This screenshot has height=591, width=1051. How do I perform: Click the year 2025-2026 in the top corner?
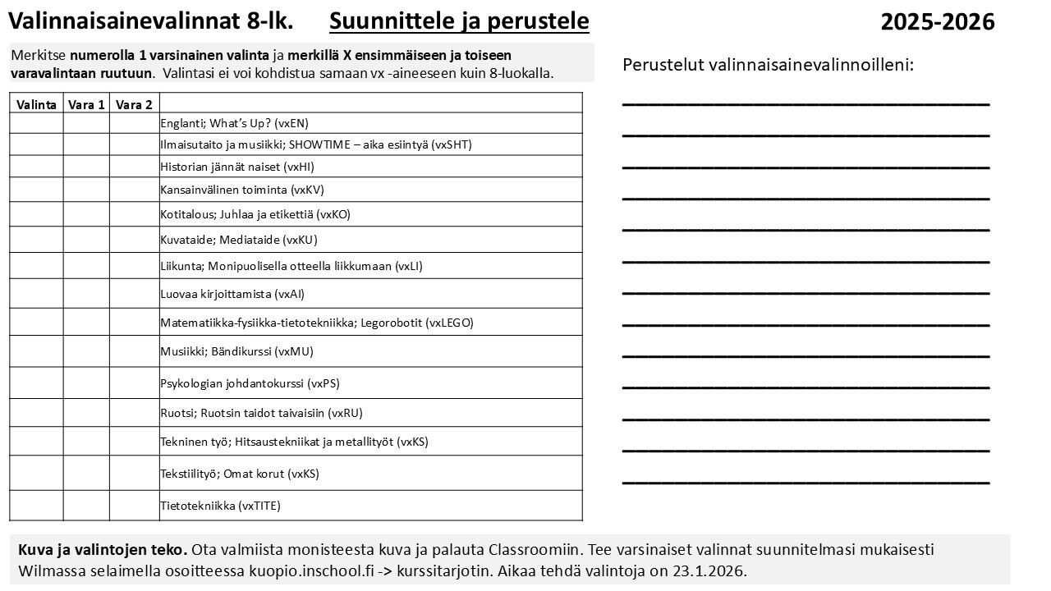click(x=937, y=22)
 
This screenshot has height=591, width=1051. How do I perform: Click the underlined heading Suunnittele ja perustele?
click(x=459, y=21)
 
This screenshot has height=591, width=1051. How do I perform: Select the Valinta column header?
click(x=36, y=104)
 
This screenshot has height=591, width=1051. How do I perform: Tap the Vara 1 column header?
click(x=86, y=104)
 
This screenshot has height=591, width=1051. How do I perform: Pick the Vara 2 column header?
click(x=134, y=104)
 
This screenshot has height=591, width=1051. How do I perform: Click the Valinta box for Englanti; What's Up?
click(x=36, y=123)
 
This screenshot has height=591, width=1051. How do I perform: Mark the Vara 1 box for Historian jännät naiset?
click(x=86, y=167)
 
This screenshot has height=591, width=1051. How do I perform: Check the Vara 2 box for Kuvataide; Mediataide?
click(x=134, y=240)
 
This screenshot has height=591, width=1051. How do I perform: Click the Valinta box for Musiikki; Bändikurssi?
click(x=36, y=351)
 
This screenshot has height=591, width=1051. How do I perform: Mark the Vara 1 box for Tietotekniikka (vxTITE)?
click(x=86, y=506)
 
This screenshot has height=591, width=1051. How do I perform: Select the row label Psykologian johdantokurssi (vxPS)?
click(x=250, y=383)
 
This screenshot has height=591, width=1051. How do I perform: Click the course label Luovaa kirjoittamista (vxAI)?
click(x=232, y=294)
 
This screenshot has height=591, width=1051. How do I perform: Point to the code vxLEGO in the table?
click(x=449, y=323)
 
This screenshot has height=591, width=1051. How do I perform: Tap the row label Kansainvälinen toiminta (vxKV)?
click(x=242, y=190)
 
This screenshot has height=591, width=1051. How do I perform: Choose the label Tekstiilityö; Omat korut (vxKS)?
click(x=240, y=474)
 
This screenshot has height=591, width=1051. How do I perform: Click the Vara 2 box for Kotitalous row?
click(x=134, y=214)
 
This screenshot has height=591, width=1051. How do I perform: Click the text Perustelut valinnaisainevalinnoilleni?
click(x=768, y=65)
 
